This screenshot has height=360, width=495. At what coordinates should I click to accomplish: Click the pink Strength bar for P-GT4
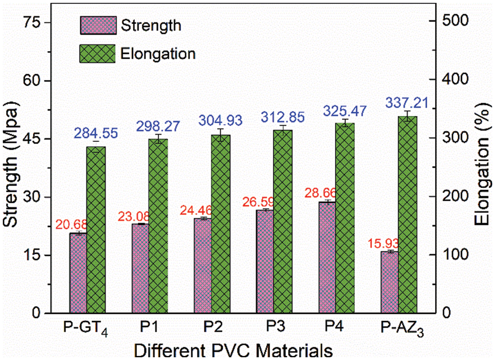pos(78,273)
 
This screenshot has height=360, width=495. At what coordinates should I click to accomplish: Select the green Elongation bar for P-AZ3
pos(408,214)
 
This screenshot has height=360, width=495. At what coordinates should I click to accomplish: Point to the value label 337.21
pos(407,102)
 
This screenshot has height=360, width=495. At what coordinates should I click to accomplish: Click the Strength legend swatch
pos(98,25)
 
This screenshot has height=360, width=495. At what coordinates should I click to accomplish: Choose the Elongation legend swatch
pos(98,53)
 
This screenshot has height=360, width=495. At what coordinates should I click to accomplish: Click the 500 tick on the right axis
pos(447,21)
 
